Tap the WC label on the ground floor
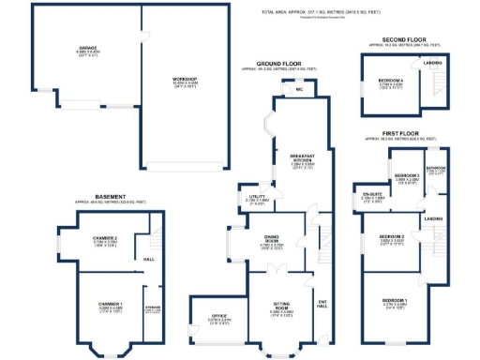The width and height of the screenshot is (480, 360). click(x=297, y=91)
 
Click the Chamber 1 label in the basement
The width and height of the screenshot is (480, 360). click(x=111, y=304)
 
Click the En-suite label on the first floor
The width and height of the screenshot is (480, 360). click(x=374, y=194)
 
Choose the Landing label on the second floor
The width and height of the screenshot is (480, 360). click(x=432, y=63)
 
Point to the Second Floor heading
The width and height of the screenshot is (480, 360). click(x=403, y=39)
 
